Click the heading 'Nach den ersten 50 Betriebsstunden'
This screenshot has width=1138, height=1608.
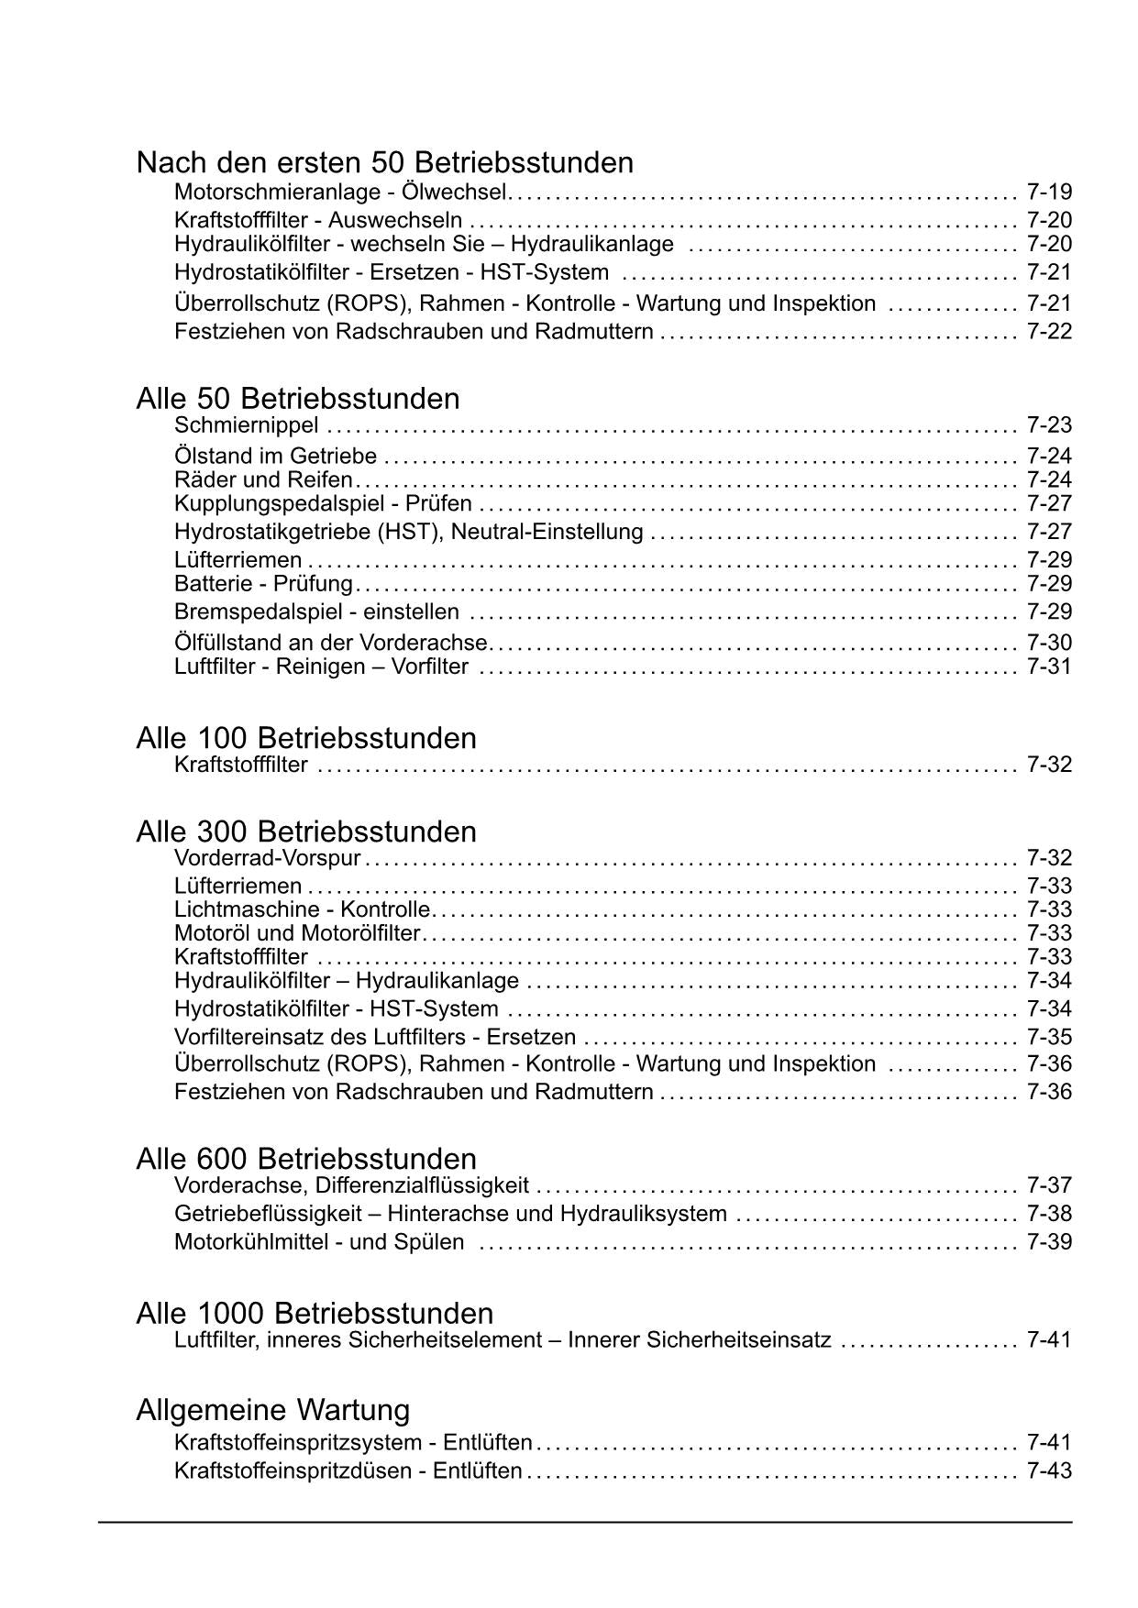(x=384, y=162)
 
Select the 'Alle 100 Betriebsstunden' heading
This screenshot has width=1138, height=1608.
(x=306, y=737)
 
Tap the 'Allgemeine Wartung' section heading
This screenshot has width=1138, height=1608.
(x=272, y=1408)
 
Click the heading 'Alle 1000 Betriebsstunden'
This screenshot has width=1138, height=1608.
(x=315, y=1312)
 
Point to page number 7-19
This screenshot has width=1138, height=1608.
(x=1049, y=193)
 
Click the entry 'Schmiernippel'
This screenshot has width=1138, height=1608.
(x=247, y=425)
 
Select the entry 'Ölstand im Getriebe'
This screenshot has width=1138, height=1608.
(x=275, y=456)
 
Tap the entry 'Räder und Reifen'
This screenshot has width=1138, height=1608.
(x=263, y=479)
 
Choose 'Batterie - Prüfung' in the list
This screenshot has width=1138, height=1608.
(x=263, y=584)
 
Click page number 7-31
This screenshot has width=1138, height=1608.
(x=1049, y=666)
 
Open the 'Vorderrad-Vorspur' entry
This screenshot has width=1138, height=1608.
(x=268, y=858)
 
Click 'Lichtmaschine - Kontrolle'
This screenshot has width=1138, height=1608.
(x=302, y=909)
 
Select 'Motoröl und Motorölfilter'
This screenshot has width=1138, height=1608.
(x=297, y=933)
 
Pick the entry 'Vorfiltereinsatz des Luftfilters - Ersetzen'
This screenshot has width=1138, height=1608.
(x=375, y=1037)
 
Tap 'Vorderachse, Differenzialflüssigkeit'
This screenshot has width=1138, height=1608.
(x=351, y=1185)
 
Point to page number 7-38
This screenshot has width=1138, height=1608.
(x=1049, y=1214)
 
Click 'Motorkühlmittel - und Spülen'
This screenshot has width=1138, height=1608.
(x=319, y=1242)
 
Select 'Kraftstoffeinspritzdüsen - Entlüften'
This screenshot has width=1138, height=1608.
(x=348, y=1471)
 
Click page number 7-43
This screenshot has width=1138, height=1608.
(x=1049, y=1471)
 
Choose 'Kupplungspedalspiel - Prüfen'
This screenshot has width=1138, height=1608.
(x=323, y=503)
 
